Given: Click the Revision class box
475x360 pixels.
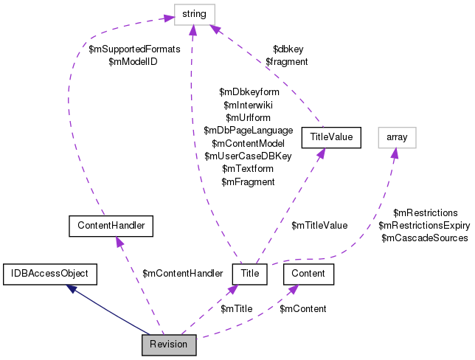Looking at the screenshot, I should point(169,345).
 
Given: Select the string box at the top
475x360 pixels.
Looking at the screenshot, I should point(194,14).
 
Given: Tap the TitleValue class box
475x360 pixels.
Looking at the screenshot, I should point(334,136).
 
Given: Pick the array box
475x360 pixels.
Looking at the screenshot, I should point(396,136).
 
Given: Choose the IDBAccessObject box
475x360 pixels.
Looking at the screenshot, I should point(49,274).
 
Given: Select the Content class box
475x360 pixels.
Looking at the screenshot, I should point(309,274).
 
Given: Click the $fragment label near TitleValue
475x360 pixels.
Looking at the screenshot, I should point(286,63).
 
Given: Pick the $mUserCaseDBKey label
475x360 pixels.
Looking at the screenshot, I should point(249,156).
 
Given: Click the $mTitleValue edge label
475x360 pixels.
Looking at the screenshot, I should point(319,225).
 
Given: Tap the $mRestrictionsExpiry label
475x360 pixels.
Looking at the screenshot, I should point(424,225).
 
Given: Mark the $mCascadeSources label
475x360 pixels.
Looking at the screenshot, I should point(424,238).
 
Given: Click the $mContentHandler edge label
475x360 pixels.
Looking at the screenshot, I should point(182,274).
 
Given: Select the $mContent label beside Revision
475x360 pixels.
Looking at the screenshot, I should point(302,308).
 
